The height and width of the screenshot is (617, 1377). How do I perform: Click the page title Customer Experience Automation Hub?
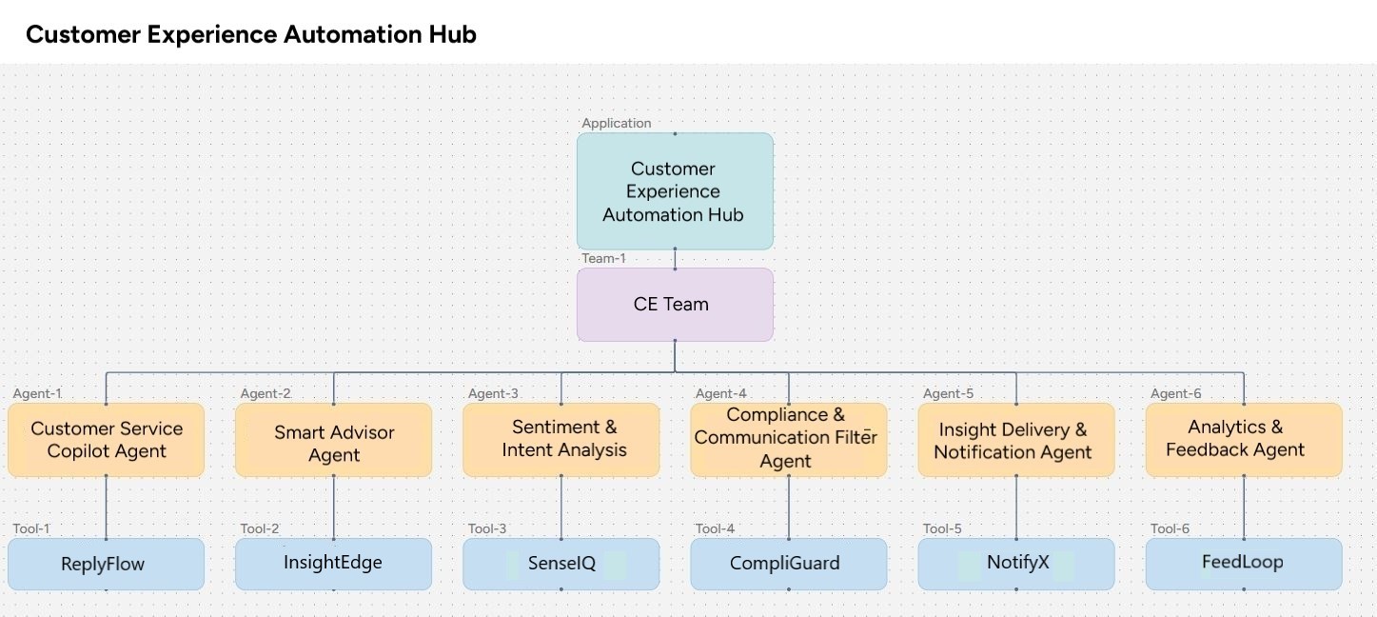point(250,34)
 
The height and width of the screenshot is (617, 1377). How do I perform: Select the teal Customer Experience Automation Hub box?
point(674,191)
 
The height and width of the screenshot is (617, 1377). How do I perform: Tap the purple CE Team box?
point(674,305)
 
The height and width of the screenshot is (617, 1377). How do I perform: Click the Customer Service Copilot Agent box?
point(106,440)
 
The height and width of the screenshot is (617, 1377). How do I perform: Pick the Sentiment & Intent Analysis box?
point(561,439)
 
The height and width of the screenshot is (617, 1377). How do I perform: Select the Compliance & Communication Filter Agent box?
point(788,439)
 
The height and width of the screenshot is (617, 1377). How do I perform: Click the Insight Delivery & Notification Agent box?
point(1015,441)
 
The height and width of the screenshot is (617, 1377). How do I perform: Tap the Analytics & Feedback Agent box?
point(1243,439)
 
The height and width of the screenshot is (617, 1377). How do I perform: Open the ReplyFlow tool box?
point(106,564)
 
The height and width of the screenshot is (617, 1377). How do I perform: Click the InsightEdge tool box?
point(333,563)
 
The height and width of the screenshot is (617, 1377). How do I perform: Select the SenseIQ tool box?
point(561,564)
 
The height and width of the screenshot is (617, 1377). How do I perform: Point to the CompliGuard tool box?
point(788,564)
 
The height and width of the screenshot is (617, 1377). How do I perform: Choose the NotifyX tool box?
point(1015,563)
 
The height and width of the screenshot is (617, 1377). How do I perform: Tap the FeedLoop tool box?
point(1243,563)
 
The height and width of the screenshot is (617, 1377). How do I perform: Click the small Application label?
point(617,123)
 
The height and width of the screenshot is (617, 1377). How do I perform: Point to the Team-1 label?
point(604,258)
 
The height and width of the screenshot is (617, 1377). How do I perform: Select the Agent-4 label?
point(721,393)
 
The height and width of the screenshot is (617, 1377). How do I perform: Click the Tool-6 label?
point(1170,528)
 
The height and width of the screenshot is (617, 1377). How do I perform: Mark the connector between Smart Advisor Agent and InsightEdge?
point(334,507)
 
